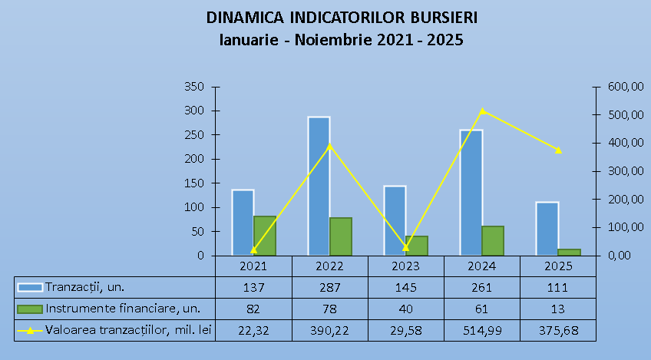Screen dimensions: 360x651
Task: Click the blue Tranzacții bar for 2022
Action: coord(319,187)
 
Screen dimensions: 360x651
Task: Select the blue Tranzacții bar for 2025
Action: coord(547,229)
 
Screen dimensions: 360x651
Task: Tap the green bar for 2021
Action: coord(265,236)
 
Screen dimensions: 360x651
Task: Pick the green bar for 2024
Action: coord(493,240)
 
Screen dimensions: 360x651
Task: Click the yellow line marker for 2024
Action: coord(482,111)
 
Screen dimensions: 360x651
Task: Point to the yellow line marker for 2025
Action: coord(558,150)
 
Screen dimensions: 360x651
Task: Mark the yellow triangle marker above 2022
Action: coord(330,146)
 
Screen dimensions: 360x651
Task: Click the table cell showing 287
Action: coord(329,287)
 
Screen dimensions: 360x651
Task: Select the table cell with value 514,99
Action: coord(481,330)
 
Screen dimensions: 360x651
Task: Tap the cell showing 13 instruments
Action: coord(558,309)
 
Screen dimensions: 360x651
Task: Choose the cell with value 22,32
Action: coord(253,330)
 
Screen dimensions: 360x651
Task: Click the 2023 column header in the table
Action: coord(405,266)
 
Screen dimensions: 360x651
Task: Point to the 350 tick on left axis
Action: coord(193,87)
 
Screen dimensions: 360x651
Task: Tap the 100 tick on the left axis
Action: coord(193,207)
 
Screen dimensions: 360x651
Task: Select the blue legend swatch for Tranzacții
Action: coord(31,287)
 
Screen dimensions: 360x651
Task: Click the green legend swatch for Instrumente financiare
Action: coord(31,309)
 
